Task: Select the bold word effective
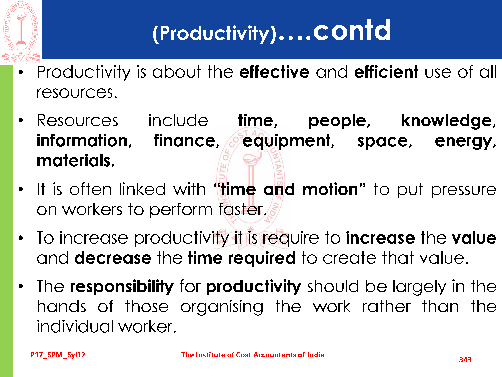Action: [275, 72]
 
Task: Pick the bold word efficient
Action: [386, 72]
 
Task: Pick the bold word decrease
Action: [113, 258]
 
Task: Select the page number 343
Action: [465, 360]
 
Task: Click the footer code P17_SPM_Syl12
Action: [58, 355]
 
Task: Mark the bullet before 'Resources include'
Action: [21, 121]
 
